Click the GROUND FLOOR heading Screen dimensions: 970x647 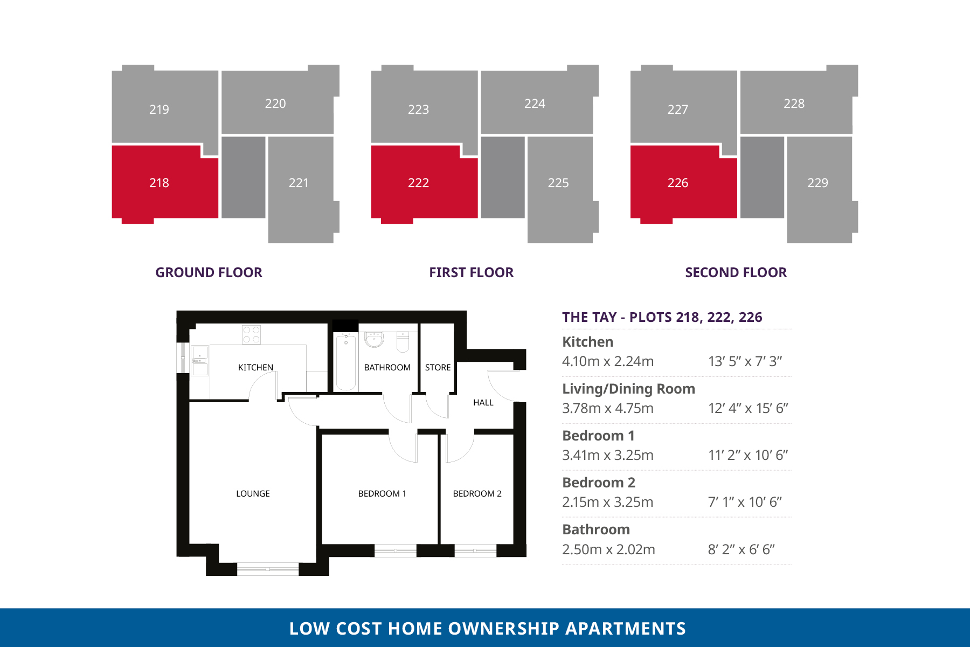pyautogui.click(x=209, y=272)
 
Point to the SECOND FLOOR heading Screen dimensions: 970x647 pyautogui.click(x=736, y=272)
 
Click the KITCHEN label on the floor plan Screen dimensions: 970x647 pyautogui.click(x=255, y=367)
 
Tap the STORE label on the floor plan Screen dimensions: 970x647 pyautogui.click(x=438, y=367)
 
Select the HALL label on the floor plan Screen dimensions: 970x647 pyautogui.click(x=483, y=402)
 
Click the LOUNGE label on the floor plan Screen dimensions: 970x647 pyautogui.click(x=253, y=493)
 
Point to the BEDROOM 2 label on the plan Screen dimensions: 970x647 pyautogui.click(x=477, y=493)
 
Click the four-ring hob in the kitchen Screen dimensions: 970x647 pyautogui.click(x=251, y=334)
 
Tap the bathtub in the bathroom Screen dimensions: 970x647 pyautogui.click(x=346, y=361)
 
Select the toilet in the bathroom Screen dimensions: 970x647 pyautogui.click(x=403, y=341)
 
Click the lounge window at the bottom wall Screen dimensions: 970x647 pyautogui.click(x=268, y=569)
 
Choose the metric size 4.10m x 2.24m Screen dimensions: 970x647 pyautogui.click(x=608, y=361)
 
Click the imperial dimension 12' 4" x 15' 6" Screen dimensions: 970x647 pyautogui.click(x=748, y=408)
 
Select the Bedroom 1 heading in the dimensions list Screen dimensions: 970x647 pyautogui.click(x=598, y=436)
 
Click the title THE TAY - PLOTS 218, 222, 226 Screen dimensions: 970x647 pyautogui.click(x=662, y=317)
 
